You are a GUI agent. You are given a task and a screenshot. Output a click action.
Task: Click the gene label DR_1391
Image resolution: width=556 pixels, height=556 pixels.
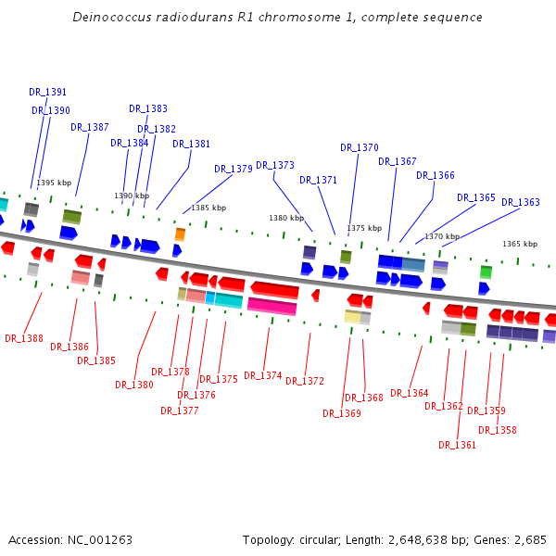47,92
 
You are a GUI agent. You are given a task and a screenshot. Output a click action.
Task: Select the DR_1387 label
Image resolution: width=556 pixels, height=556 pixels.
90,127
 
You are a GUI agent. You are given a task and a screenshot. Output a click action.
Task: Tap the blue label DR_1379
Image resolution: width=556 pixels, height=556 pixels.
234,169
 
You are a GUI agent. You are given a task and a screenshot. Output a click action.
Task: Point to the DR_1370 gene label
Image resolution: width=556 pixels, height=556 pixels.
360,147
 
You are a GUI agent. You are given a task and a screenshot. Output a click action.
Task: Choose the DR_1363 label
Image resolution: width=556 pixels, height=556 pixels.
521,202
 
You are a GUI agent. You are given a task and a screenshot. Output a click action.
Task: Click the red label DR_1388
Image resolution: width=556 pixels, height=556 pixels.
24,338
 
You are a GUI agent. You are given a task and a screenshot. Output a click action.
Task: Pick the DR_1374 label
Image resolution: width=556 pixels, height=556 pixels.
263,375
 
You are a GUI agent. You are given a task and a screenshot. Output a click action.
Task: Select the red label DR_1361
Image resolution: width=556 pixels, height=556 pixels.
458,445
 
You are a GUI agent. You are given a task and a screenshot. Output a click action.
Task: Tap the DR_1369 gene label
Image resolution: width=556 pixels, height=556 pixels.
342,413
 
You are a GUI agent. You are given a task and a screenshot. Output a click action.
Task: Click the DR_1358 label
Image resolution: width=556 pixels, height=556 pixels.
498,430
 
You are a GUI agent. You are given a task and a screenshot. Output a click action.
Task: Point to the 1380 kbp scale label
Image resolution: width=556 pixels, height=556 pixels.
286,218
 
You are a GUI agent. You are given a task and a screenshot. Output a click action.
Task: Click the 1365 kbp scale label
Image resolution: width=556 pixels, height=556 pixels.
520,244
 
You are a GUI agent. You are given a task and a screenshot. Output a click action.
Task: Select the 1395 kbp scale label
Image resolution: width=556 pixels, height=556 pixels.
54,183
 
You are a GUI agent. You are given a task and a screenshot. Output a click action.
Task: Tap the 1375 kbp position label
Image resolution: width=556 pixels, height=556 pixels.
364,227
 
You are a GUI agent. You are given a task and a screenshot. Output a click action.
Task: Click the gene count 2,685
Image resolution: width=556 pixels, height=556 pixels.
530,539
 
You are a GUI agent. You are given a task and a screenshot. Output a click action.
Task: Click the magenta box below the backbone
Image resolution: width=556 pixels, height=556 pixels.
272,306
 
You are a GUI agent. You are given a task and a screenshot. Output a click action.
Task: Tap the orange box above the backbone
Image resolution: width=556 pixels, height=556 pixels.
180,234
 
